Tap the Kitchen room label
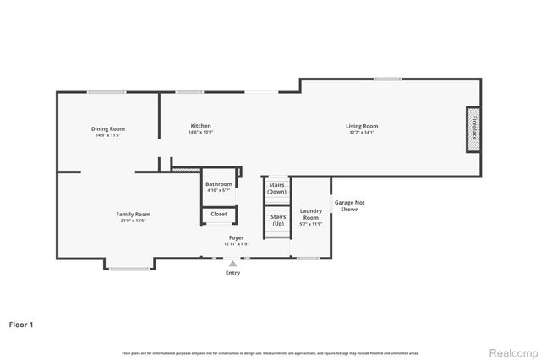pyautogui.click(x=200, y=126)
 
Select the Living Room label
pyautogui.click(x=361, y=126)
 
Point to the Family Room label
pyautogui.click(x=133, y=214)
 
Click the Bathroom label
pyautogui.click(x=219, y=183)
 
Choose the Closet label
pyautogui.click(x=219, y=214)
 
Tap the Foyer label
pyautogui.click(x=236, y=238)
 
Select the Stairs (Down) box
pyautogui.click(x=277, y=188)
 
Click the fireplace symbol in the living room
pyautogui.click(x=474, y=129)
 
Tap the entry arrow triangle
pyautogui.click(x=232, y=264)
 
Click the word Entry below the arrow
pyautogui.click(x=232, y=273)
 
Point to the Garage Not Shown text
pyautogui.click(x=350, y=205)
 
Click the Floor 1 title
pyautogui.click(x=22, y=324)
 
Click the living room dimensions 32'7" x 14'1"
pyautogui.click(x=361, y=133)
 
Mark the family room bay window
pyautogui.click(x=128, y=269)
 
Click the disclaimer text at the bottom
pyautogui.click(x=270, y=353)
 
